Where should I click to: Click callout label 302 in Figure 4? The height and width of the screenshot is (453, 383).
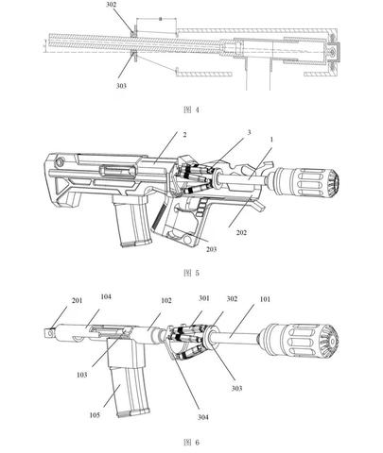tap(111, 5)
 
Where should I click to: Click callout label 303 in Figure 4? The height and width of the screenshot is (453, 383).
tap(121, 86)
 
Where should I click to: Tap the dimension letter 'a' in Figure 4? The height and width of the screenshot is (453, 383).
tap(160, 19)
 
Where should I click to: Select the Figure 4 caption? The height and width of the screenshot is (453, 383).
tap(191, 109)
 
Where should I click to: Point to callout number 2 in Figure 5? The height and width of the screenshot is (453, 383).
tap(184, 135)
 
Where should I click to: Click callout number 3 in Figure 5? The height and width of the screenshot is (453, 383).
tap(249, 132)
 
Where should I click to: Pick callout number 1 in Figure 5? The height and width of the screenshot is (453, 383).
tap(271, 139)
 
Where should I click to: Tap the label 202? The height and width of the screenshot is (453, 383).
tap(241, 233)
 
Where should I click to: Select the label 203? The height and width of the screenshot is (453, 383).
tap(211, 249)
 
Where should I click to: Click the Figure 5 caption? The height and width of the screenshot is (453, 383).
tap(191, 273)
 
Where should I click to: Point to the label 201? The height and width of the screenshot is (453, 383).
tap(77, 300)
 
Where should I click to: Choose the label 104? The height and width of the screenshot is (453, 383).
tap(106, 296)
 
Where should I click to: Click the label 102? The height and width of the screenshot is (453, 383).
tap(166, 300)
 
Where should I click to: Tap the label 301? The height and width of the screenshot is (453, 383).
tap(204, 298)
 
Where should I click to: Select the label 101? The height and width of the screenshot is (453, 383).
tap(265, 299)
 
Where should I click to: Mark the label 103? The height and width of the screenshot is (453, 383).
tap(81, 375)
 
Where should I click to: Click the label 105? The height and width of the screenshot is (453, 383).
tap(95, 415)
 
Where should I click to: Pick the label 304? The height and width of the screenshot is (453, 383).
tap(203, 417)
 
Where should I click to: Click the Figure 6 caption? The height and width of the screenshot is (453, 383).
tap(191, 443)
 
